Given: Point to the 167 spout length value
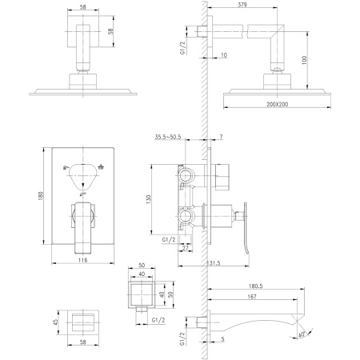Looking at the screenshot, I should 254,298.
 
